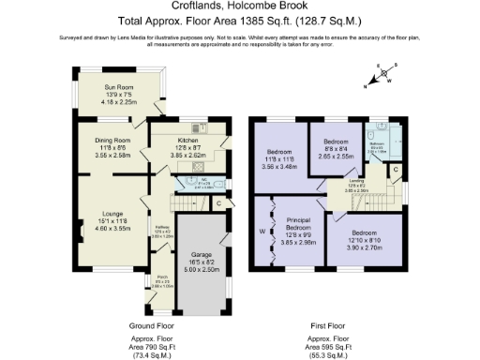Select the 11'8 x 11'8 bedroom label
click(279, 152)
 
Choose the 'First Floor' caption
click(328, 325)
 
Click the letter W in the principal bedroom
click(262, 232)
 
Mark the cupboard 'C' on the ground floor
click(217, 202)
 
